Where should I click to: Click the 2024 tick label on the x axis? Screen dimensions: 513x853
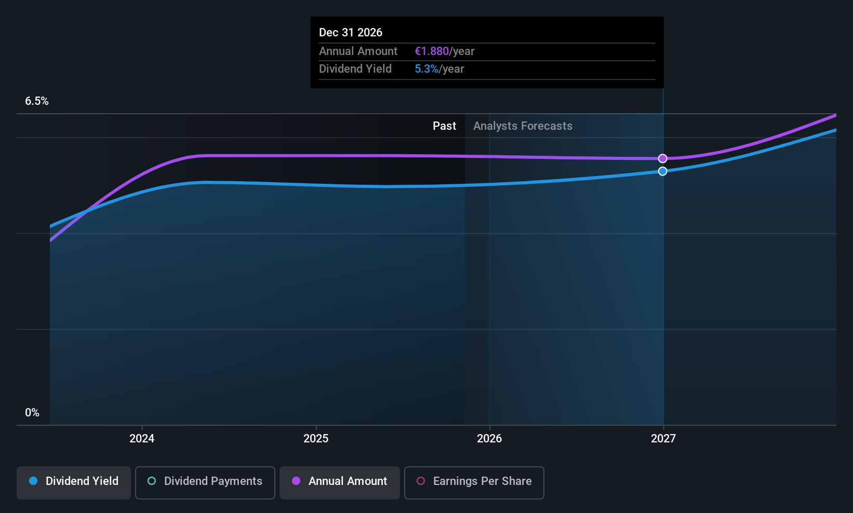tap(142, 438)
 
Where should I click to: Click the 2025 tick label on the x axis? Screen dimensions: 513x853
tap(316, 438)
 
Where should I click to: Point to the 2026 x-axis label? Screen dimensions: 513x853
tap(489, 438)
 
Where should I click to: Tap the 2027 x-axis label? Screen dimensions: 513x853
tap(663, 438)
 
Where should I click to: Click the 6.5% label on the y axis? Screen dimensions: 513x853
tap(37, 101)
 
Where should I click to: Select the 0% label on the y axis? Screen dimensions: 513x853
tap(32, 413)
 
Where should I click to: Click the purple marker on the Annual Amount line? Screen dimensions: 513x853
tap(662, 158)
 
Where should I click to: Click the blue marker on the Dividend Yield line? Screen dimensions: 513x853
tap(662, 171)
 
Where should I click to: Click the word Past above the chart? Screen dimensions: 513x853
tap(444, 126)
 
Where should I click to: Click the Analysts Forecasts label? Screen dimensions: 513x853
tap(523, 126)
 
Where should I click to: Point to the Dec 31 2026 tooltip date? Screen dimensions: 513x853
tap(351, 33)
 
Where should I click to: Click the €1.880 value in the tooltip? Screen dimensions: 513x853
tap(432, 51)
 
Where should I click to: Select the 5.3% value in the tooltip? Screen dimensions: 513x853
tap(427, 69)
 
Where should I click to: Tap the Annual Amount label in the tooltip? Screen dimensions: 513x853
tap(358, 51)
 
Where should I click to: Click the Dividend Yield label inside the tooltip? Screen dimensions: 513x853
tap(355, 69)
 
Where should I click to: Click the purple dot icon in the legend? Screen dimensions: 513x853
tap(296, 481)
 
